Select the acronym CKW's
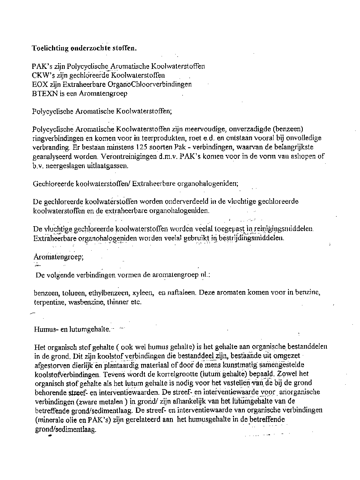click(40, 75)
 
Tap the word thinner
click(118, 302)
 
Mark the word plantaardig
click(130, 365)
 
